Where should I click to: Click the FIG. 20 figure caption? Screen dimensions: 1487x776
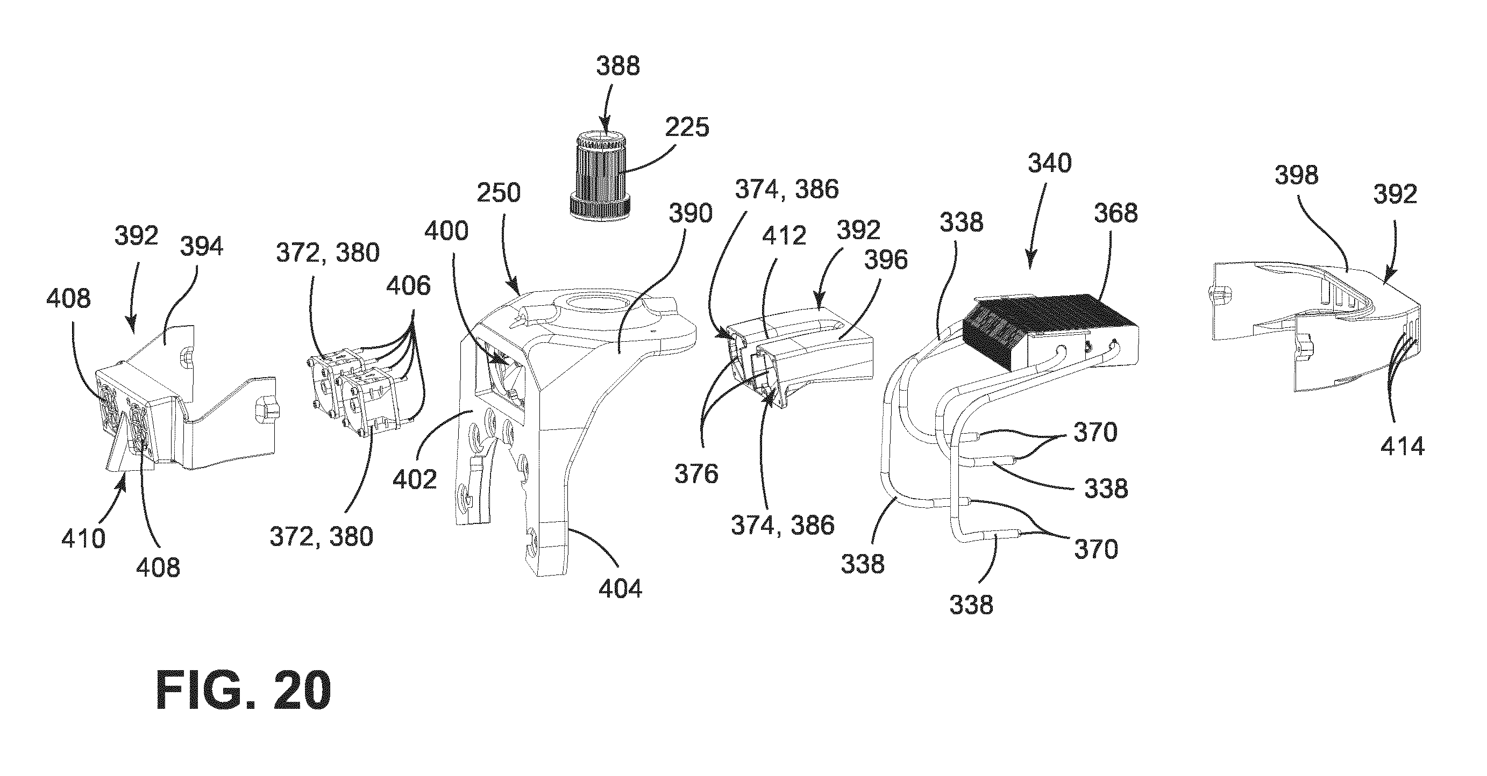coord(244,691)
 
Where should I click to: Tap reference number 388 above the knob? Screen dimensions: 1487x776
coord(618,66)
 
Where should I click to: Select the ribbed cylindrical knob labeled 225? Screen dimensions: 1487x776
coord(600,173)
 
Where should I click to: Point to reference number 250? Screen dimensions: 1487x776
coord(499,193)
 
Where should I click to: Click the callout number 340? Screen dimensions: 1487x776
coord(1049,164)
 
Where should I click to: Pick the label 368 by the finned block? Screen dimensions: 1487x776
coord(1116,213)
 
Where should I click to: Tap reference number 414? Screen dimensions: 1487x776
coord(1402,446)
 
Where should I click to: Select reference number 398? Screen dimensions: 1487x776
coord(1297,174)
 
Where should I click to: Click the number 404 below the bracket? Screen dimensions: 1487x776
coord(620,589)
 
